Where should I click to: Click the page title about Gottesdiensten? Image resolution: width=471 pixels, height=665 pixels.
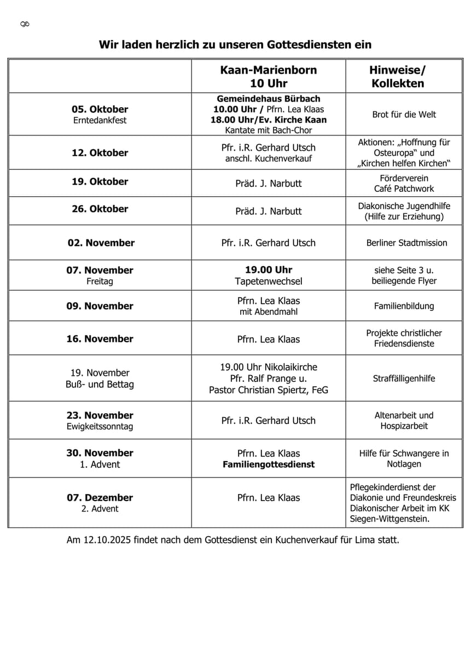[x=235, y=44]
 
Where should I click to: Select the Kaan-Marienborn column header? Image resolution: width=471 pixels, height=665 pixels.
[x=268, y=76]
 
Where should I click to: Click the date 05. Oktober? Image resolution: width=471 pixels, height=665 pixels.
[x=100, y=109]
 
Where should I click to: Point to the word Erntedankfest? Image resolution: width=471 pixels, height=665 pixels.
[x=100, y=120]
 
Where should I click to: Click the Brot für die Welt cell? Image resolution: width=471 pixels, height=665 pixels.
[x=404, y=115]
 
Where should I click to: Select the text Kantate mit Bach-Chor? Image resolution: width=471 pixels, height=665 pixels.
[x=268, y=130]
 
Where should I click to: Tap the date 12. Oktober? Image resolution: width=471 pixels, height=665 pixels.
[x=100, y=153]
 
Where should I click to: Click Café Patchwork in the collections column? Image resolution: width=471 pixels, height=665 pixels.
[x=404, y=189]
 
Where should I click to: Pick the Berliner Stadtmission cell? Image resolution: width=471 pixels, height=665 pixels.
[x=406, y=243]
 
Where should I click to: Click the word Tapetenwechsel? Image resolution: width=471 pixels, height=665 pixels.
[x=268, y=281]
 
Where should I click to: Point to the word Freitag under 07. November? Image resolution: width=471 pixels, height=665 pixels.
[x=100, y=281]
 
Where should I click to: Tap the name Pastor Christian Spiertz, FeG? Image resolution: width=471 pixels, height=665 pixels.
[x=268, y=390]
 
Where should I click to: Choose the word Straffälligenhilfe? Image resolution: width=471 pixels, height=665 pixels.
[x=404, y=378]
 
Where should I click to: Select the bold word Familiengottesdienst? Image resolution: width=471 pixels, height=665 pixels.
[x=268, y=464]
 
